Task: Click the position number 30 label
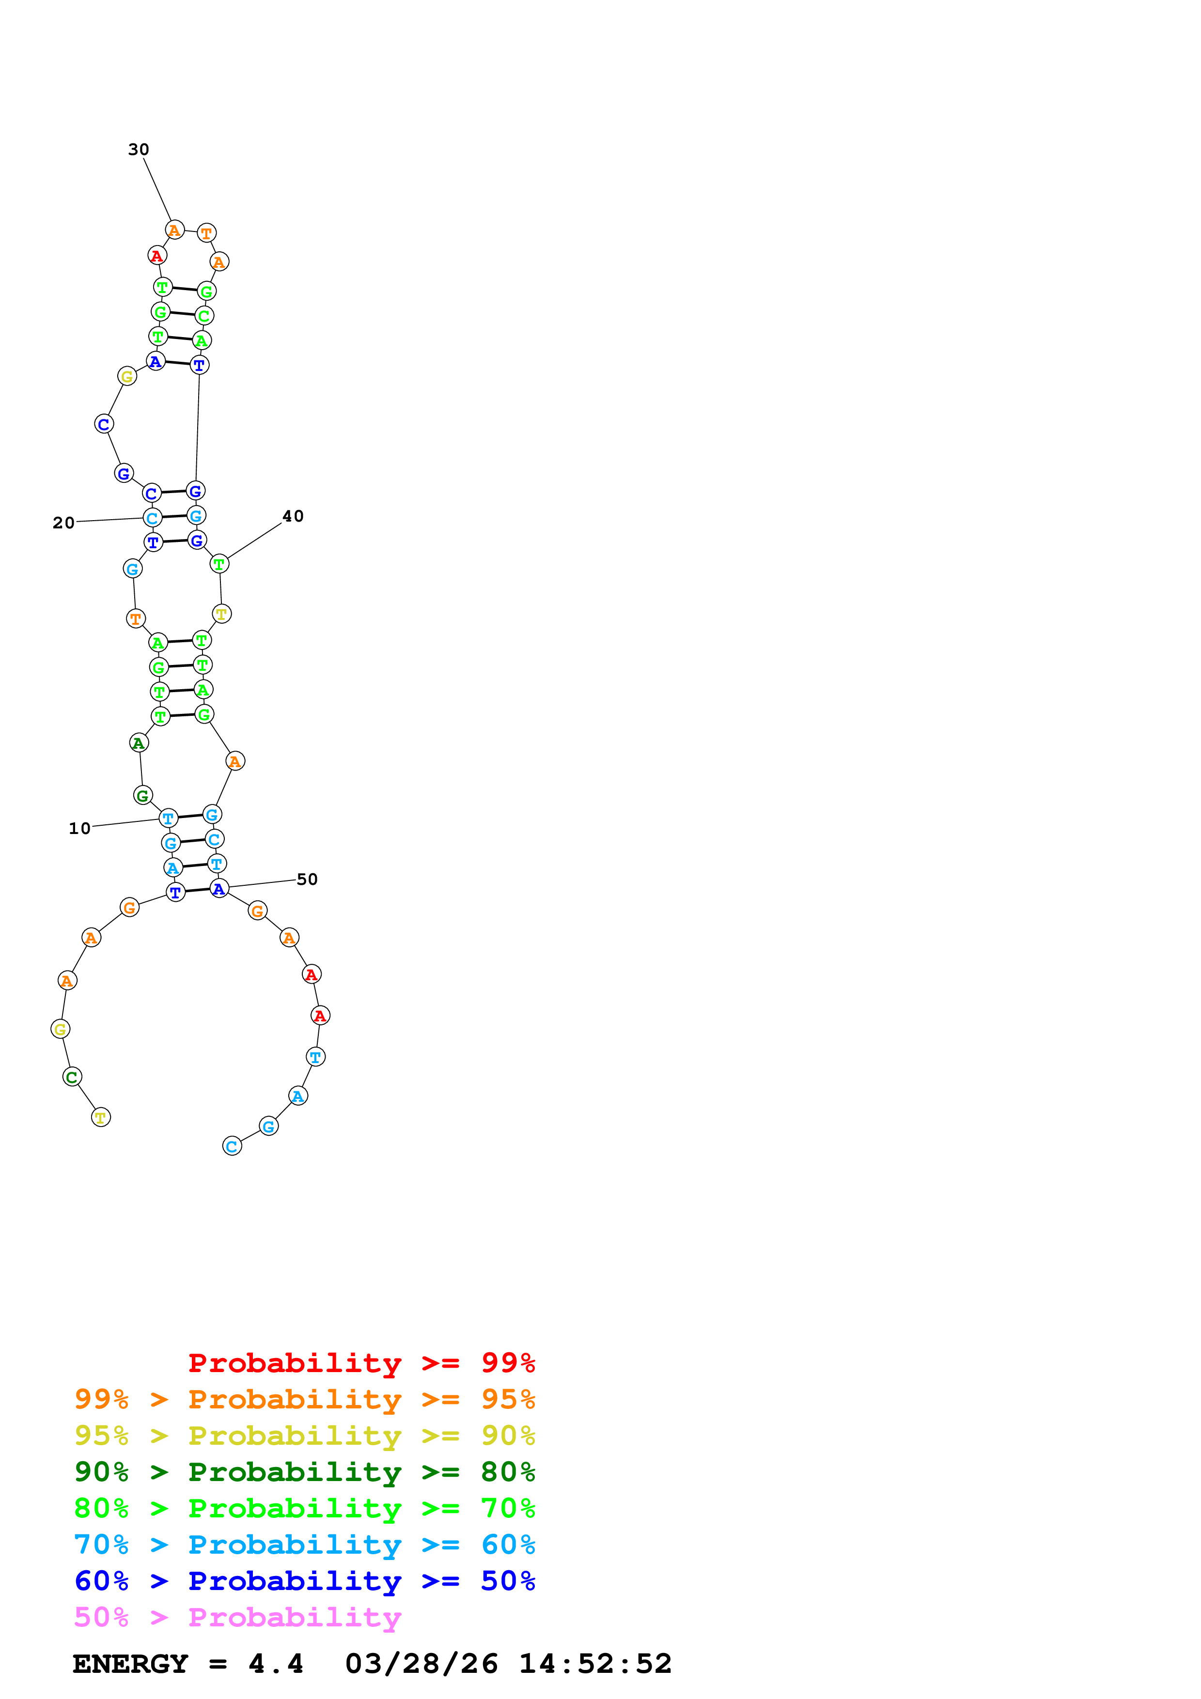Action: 139,150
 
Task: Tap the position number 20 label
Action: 63,523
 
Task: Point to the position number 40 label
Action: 293,516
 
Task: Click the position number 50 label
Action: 307,879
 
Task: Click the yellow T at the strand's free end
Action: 101,1117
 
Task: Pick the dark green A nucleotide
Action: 139,743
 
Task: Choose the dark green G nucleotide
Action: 143,795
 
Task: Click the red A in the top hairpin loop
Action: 157,256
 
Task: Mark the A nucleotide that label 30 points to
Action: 174,230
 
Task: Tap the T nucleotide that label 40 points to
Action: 219,564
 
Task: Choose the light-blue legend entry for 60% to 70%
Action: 304,1545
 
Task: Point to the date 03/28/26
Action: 421,1664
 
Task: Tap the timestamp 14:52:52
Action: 595,1664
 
